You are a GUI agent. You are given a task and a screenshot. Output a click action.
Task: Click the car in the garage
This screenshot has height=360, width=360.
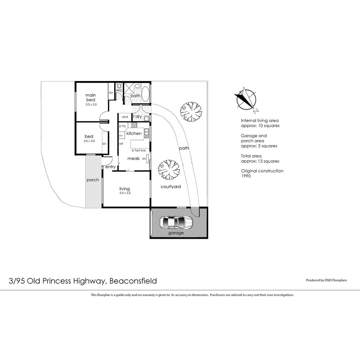[176, 222]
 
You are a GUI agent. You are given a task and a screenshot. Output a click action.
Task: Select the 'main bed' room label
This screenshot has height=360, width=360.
[91, 97]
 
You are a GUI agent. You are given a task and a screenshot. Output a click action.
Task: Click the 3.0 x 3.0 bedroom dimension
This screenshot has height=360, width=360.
[89, 141]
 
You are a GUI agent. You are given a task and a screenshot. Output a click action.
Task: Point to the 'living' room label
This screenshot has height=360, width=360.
[124, 189]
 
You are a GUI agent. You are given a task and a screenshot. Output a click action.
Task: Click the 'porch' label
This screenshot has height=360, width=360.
[93, 180]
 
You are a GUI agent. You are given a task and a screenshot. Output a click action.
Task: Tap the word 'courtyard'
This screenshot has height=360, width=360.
[171, 187]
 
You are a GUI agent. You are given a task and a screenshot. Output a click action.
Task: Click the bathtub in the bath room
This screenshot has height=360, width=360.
[145, 94]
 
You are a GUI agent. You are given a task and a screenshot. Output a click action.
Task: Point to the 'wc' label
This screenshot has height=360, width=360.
[119, 90]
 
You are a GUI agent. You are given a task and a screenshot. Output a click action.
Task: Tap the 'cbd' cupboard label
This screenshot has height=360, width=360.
[125, 117]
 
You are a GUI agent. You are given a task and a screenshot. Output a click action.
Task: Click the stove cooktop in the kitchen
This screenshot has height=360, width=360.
[134, 125]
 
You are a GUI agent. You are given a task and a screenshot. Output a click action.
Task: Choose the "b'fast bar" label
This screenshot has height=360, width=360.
[139, 150]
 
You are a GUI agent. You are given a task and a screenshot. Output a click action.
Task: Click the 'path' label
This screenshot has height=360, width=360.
[184, 148]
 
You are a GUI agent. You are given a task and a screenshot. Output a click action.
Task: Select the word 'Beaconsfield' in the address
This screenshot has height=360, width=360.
[133, 281]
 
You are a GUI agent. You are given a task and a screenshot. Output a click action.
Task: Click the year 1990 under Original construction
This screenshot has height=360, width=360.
[246, 176]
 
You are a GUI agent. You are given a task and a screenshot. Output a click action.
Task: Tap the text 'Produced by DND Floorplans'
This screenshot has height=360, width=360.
[326, 280]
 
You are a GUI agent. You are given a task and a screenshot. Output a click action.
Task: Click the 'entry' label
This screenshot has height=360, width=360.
[110, 167]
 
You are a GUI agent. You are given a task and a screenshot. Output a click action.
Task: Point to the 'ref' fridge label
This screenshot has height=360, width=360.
[121, 144]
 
